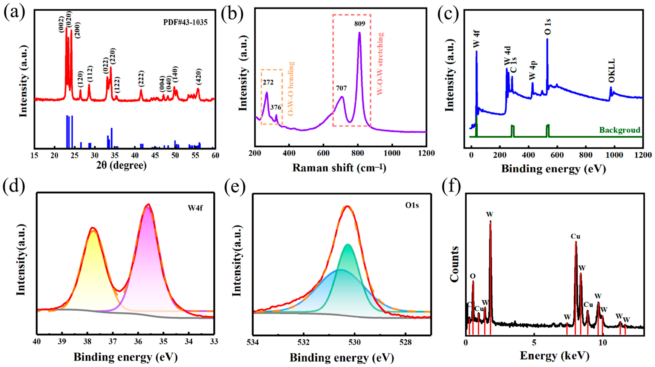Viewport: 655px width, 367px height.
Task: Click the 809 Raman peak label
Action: point(360,24)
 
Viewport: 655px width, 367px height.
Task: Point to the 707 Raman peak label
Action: point(341,88)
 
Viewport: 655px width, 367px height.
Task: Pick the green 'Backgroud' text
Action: point(620,130)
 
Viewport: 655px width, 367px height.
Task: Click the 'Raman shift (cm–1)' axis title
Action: point(339,168)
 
